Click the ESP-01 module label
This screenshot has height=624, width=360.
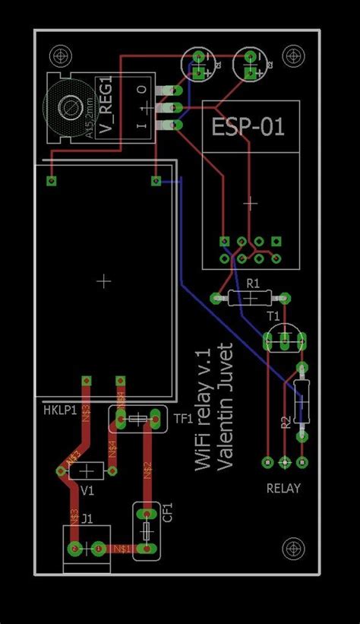coord(248,126)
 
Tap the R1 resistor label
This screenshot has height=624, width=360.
coord(254,283)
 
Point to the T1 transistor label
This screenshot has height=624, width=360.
coord(273,315)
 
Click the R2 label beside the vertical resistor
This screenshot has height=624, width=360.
coord(286,422)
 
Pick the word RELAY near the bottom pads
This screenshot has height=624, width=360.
coord(283,488)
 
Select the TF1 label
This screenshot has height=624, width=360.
coord(183,418)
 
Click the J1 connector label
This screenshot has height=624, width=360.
coord(87,519)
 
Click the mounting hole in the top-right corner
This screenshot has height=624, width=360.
coord(292,55)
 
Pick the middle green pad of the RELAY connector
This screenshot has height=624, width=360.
coord(285,462)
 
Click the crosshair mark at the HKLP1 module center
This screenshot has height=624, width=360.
coord(105,280)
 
